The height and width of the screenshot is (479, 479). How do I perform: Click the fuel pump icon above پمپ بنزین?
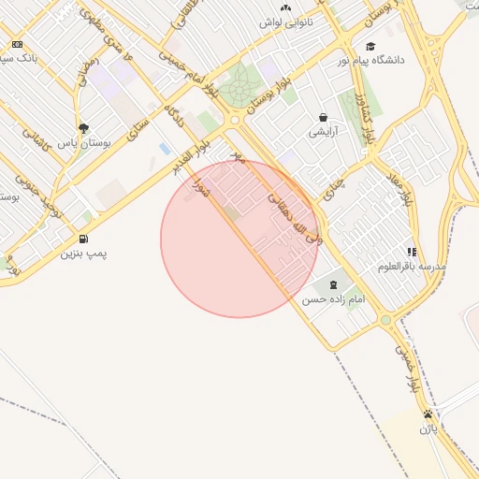point(85,239)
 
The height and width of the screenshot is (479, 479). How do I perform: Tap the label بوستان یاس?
point(84,144)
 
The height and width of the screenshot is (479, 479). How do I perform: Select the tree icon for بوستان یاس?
point(84,129)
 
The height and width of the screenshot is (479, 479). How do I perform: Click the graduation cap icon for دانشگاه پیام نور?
point(370,47)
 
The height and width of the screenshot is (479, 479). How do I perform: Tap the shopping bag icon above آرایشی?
point(323,118)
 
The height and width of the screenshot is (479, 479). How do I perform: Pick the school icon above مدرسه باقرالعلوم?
point(412,252)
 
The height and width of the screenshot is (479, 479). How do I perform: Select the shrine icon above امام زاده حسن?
point(334,284)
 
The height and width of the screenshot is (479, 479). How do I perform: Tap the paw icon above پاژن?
point(428,414)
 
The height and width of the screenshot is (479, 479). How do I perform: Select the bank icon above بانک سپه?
point(17,44)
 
